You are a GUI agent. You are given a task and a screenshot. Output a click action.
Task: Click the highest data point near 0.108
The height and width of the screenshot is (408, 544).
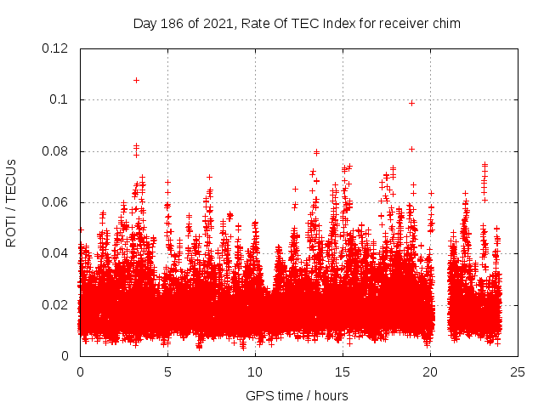coord(136,80)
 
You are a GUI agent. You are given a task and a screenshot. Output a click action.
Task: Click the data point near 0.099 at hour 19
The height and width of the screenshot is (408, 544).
coord(411,103)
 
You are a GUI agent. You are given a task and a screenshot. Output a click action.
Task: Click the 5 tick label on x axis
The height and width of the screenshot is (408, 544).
coord(167,371)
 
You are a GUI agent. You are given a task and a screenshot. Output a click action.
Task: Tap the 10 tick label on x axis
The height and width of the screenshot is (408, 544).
coord(255,371)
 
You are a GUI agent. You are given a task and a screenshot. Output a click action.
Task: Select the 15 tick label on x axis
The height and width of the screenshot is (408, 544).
coord(343,371)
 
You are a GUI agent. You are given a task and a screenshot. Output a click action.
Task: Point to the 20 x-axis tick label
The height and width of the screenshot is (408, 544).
coord(430,371)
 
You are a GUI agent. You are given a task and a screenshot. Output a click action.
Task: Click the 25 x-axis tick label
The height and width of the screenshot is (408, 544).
coord(518,371)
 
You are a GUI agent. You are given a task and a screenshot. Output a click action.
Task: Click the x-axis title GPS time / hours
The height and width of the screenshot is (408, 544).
coord(297,395)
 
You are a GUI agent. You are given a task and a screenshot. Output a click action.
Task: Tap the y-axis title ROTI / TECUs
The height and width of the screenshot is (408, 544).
coord(11,202)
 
